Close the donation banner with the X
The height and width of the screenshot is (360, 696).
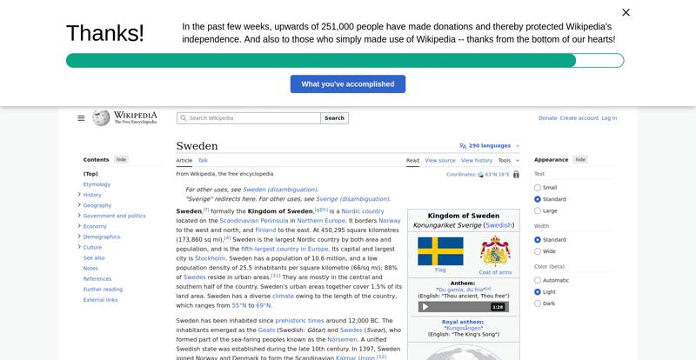tap(626, 12)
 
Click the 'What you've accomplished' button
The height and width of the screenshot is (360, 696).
tap(347, 83)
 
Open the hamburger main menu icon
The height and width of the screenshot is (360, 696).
tap(81, 118)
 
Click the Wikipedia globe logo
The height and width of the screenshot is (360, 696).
tap(101, 117)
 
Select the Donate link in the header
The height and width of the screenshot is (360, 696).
tap(547, 118)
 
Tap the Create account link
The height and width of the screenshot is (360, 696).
tap(579, 118)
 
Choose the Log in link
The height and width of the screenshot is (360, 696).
tap(609, 118)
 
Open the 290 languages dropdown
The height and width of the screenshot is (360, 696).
tap(489, 146)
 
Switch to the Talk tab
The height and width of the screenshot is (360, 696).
tap(203, 160)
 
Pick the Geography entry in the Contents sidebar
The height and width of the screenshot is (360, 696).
tap(97, 205)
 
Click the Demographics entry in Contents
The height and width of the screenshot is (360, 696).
tap(102, 237)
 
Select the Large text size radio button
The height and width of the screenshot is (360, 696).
tap(538, 210)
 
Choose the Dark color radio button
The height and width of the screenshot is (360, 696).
tap(538, 303)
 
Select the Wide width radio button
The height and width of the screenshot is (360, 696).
tap(538, 251)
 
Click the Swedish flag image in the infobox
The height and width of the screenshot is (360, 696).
tap(440, 250)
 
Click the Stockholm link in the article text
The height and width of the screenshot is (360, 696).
tap(211, 258)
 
